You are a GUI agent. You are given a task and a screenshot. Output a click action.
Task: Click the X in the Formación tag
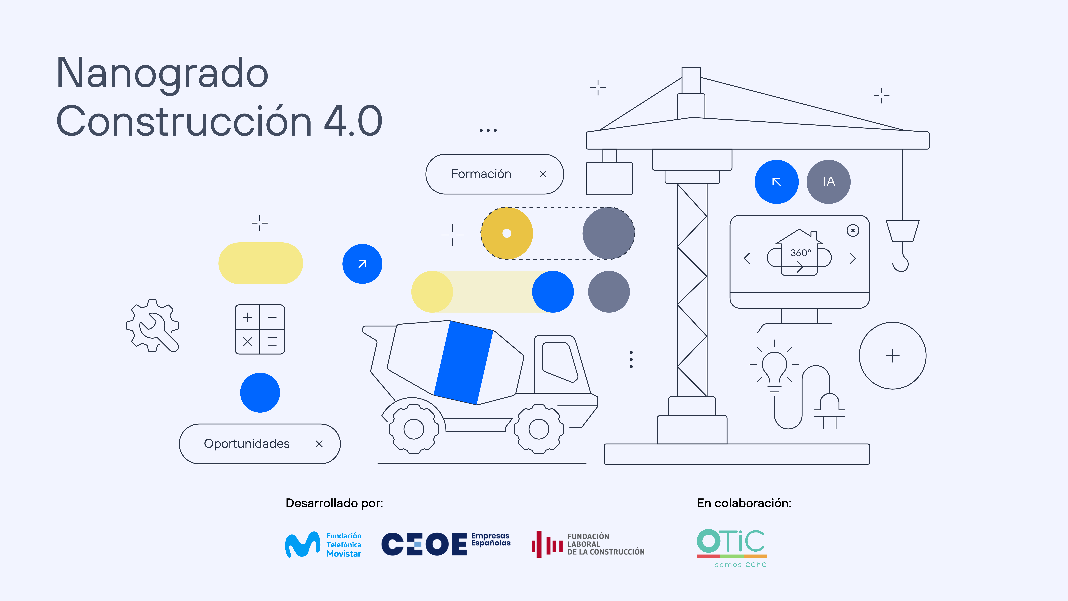click(543, 174)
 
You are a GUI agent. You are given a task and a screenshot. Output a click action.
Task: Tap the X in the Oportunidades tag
click(319, 444)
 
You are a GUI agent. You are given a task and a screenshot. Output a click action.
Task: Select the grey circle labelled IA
click(828, 182)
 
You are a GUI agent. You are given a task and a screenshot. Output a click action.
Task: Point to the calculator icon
click(260, 329)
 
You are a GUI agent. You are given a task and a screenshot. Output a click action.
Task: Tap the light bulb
click(774, 367)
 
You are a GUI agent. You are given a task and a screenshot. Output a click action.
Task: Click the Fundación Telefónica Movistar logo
click(323, 545)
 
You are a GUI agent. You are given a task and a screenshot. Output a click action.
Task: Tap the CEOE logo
click(446, 544)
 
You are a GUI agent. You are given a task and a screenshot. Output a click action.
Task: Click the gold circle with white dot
click(507, 233)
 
